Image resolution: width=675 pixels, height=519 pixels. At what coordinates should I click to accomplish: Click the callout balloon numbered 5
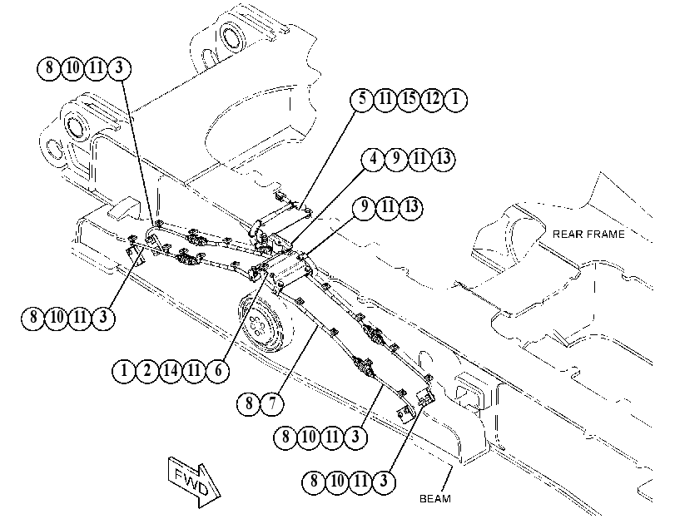(x=362, y=100)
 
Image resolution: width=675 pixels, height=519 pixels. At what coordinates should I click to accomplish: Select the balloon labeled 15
(x=409, y=100)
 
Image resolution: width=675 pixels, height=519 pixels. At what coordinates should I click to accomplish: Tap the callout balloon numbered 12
(x=432, y=100)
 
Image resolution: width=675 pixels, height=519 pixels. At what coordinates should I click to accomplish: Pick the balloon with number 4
(x=373, y=159)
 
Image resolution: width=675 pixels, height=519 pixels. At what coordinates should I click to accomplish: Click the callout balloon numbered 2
(x=147, y=370)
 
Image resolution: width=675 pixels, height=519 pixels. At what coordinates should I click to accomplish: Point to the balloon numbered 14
(x=171, y=370)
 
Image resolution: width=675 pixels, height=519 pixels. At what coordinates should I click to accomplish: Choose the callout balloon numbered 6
(x=217, y=370)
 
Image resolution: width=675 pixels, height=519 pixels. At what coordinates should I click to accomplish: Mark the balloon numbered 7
(x=272, y=403)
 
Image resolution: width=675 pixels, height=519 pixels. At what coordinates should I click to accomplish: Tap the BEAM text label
(x=435, y=498)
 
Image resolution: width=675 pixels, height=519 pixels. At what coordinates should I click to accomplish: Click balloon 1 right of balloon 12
(x=455, y=100)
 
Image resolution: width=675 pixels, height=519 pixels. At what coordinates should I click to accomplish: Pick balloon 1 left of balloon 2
(x=124, y=370)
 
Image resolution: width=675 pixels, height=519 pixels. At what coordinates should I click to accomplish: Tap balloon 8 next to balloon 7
(x=249, y=403)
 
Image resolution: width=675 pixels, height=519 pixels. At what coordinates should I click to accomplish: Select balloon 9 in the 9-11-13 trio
(x=365, y=208)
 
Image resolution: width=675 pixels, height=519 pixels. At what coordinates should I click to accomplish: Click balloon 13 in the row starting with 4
(x=443, y=159)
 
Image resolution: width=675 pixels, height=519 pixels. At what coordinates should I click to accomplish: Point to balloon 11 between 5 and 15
(x=385, y=100)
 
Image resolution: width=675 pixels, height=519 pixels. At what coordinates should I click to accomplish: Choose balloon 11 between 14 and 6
(x=194, y=370)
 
